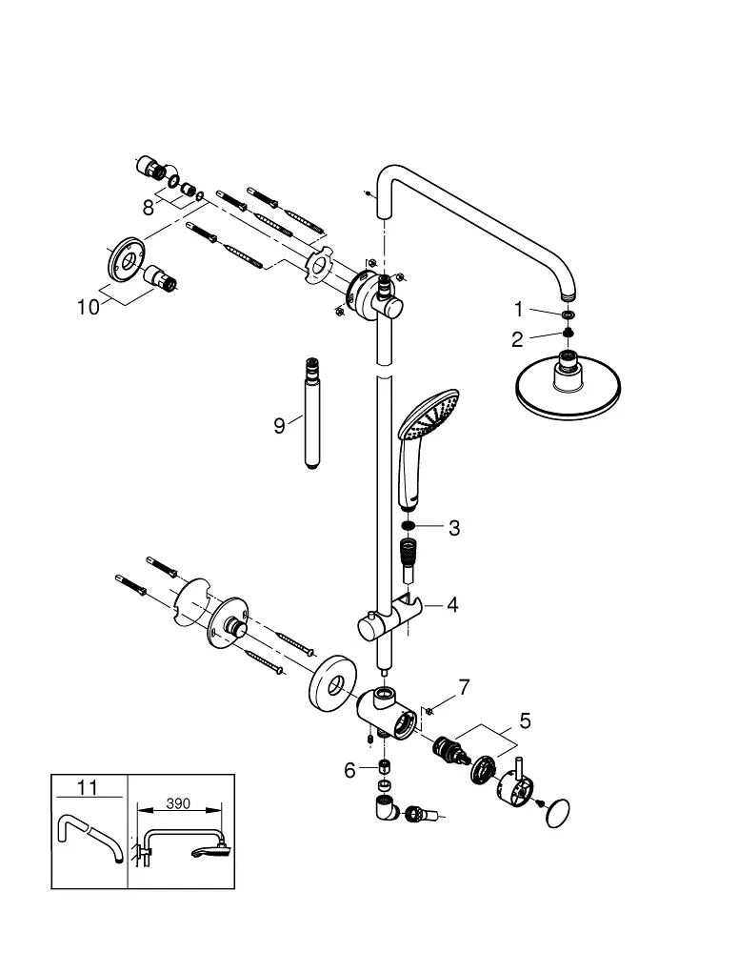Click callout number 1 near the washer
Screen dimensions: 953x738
[x=519, y=309]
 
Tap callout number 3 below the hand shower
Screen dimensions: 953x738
[x=454, y=527]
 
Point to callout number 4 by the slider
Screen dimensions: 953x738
[x=452, y=604]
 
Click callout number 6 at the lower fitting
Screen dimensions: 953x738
[x=349, y=769]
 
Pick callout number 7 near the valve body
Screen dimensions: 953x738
[x=464, y=686]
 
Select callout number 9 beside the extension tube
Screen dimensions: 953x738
[x=279, y=425]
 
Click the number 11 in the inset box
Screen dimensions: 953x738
[x=88, y=787]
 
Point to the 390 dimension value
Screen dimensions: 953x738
[x=178, y=803]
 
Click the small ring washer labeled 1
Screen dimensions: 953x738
[x=568, y=314]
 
